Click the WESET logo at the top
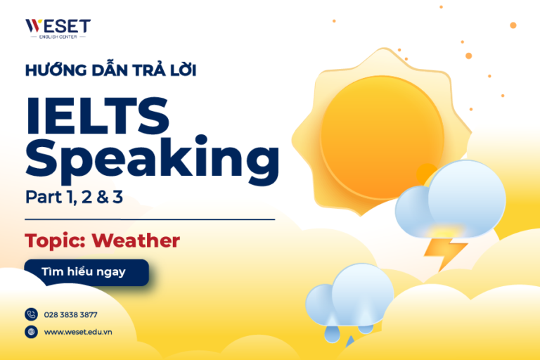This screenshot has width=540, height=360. pos(58,28)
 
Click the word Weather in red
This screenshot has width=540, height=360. pos(136,240)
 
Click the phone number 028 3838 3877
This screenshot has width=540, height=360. pos(70,314)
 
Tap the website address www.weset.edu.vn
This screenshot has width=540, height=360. pos(78,332)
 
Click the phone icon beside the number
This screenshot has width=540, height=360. pos(31,314)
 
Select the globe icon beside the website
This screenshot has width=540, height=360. pos(31,332)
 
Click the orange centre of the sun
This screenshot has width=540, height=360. pos(382,133)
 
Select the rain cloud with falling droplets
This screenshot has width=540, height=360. pos(350,299)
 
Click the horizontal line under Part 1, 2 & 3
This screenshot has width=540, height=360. pos(149,219)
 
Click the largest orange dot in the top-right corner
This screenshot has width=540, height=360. pos(513,25)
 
